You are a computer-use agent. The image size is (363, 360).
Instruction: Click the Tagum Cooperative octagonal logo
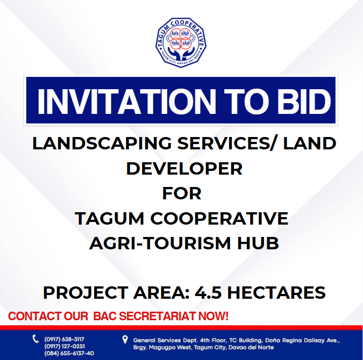pos(181,42)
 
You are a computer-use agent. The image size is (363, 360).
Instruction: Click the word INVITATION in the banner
pos(126,102)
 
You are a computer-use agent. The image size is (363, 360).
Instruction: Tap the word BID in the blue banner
pos(304,102)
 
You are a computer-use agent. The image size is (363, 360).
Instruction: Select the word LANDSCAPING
pos(102,143)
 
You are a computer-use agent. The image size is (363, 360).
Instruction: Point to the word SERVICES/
pos(227,143)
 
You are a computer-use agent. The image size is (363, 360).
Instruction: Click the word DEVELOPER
pos(184,169)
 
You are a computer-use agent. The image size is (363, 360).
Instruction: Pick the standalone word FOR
pos(182,193)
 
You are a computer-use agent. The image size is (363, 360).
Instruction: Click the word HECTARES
pos(276,293)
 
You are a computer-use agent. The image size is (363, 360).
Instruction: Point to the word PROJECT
pos(86,293)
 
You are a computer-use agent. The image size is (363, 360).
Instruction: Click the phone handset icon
pos(35,339)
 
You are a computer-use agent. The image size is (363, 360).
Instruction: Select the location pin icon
pos(125,340)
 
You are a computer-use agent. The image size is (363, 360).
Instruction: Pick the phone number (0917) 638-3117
pos(65,339)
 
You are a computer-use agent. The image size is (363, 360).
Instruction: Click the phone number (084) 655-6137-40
pos(69,354)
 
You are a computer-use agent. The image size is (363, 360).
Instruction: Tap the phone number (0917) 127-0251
pos(65,346)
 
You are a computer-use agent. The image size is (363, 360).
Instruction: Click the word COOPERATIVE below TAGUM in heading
pos(219,218)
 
